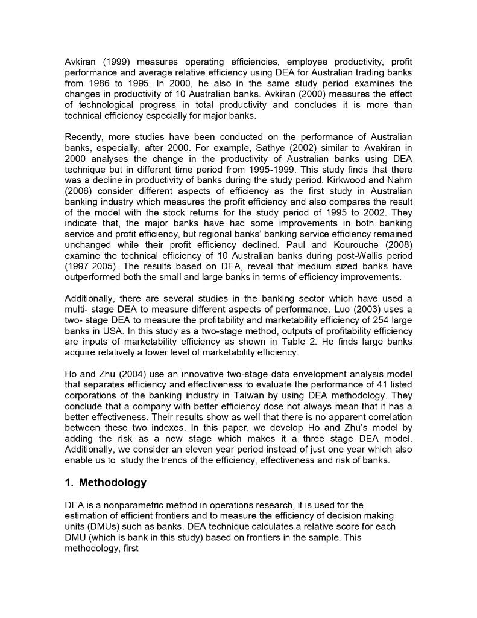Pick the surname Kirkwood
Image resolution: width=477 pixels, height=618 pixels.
[x=367, y=180]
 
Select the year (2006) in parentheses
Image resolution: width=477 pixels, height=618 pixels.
[x=80, y=191]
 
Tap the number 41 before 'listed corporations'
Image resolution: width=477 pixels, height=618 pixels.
[x=368, y=385]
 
